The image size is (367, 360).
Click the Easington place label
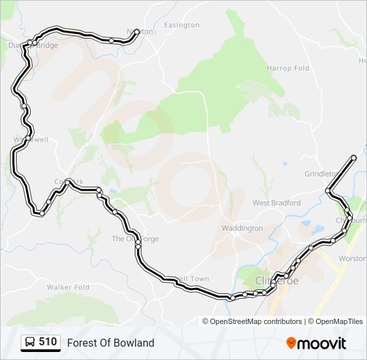pos(181,25)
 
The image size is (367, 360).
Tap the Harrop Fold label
pos(288,69)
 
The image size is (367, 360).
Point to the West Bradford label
pos(276,203)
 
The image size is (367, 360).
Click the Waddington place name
pos(242,228)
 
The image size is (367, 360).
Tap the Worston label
pos(352,258)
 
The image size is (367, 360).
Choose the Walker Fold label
pos(68,287)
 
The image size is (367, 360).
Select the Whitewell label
pos(31,139)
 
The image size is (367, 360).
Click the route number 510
pos(47,342)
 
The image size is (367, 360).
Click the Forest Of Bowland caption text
pos(110,343)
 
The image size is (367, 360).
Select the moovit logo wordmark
pos(322,343)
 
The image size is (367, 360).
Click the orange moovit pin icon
pos(292,343)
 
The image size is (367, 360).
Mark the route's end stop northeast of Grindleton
pos(354,157)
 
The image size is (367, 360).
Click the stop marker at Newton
pos(137,31)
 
